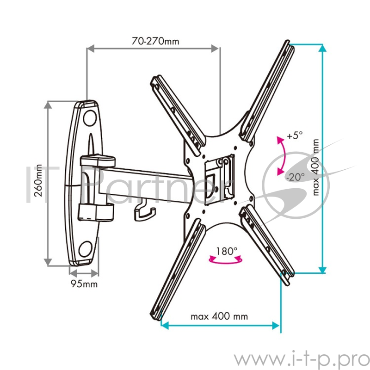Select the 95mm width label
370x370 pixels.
84,284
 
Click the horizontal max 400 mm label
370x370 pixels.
219,317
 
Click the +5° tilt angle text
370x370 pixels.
294,136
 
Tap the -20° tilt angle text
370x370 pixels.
295,176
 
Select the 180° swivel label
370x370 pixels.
227,252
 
